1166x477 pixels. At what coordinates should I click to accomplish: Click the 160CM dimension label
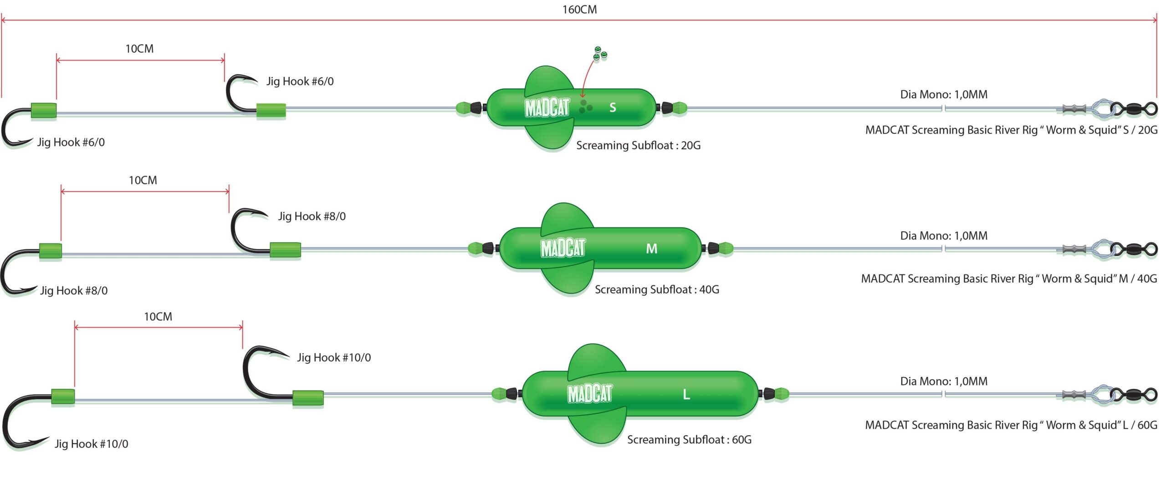point(579,10)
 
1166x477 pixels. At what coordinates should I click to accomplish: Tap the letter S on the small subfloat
point(613,107)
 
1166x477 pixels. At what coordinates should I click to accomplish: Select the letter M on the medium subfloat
point(652,249)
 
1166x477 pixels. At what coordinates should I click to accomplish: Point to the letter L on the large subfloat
point(686,394)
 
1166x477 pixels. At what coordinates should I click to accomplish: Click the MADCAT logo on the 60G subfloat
point(589,394)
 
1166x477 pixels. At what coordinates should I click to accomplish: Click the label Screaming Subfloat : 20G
point(638,145)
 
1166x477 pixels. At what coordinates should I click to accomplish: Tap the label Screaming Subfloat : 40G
point(657,289)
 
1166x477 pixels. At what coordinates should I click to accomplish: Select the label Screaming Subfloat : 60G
point(689,440)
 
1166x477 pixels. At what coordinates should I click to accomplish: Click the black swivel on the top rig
point(1134,109)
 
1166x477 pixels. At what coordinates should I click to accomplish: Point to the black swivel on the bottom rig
point(1134,394)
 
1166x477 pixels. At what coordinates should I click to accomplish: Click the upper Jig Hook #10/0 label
point(334,358)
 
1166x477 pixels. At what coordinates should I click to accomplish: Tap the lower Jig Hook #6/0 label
point(71,142)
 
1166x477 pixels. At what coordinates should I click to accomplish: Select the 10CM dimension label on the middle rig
point(143,180)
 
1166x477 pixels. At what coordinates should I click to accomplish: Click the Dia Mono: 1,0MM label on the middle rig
point(944,236)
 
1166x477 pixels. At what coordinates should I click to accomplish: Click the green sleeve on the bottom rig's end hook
point(63,396)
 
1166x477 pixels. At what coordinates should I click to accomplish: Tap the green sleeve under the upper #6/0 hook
point(271,111)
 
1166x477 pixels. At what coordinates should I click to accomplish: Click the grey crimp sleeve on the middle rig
point(1074,249)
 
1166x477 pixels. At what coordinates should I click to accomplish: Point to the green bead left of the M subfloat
point(475,249)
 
